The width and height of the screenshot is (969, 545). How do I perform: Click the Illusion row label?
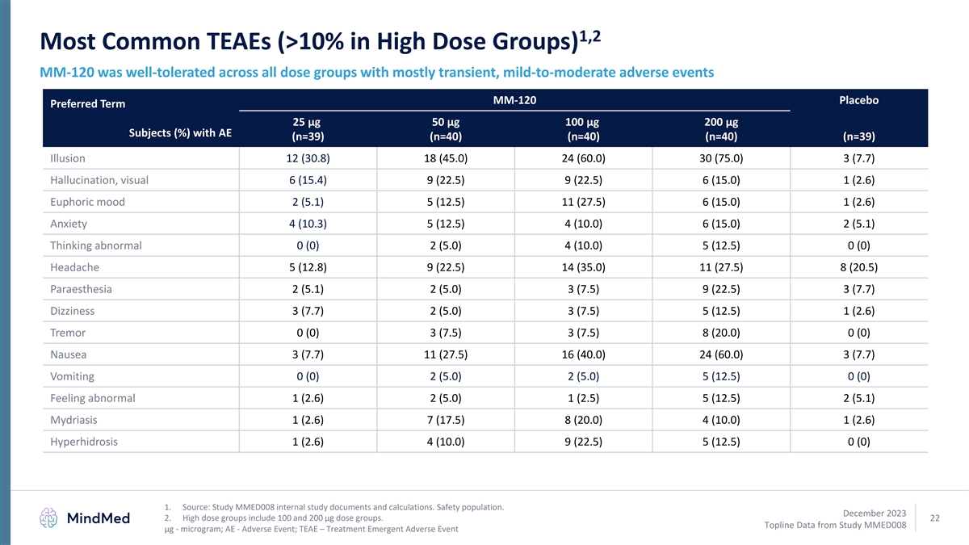[68, 158]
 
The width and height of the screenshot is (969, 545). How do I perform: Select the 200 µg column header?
[721, 129]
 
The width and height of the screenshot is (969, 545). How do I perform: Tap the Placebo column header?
[859, 100]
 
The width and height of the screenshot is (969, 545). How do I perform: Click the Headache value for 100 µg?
[583, 267]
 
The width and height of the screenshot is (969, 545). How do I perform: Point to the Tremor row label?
[68, 333]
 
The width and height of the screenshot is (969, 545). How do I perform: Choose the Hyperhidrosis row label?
[84, 442]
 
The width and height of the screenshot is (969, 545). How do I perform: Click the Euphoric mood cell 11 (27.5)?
[583, 202]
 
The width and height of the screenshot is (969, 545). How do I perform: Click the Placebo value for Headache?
[859, 267]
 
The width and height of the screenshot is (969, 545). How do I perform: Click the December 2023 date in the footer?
[875, 513]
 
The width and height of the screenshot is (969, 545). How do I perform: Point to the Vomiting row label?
[72, 376]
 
